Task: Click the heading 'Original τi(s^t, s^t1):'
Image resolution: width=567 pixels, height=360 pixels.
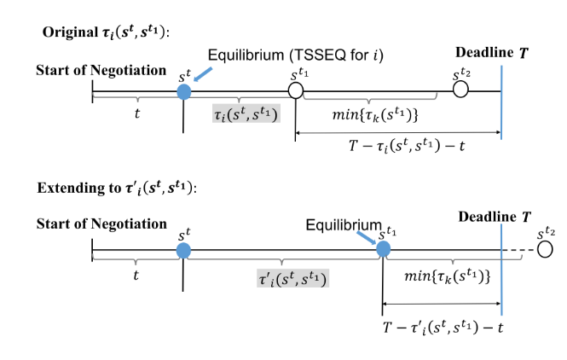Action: pyautogui.click(x=107, y=32)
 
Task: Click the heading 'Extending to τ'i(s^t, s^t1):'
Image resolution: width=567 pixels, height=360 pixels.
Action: pyautogui.click(x=115, y=188)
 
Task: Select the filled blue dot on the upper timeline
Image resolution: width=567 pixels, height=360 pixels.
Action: pyautogui.click(x=183, y=90)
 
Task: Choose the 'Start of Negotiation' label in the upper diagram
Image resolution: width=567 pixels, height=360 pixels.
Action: pyautogui.click(x=101, y=69)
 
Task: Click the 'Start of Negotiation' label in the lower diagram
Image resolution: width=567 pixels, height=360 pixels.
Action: pyautogui.click(x=101, y=224)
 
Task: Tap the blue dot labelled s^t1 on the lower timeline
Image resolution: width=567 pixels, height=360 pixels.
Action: pyautogui.click(x=384, y=249)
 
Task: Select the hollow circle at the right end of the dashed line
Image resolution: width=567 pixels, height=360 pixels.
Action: pyautogui.click(x=546, y=249)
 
